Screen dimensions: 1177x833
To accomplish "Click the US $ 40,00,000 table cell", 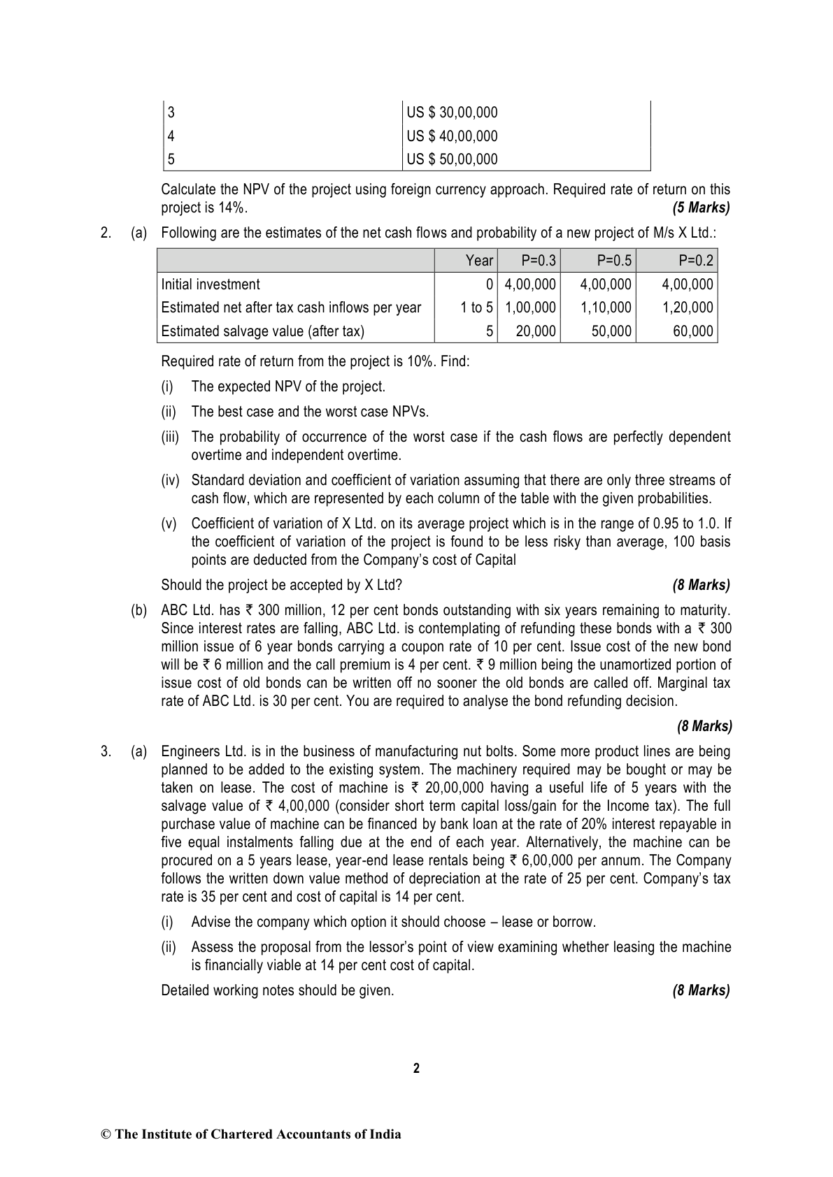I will coord(453,136).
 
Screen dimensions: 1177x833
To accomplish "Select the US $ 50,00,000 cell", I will coord(453,159).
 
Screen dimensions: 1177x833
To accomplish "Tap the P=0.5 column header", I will coord(614,261).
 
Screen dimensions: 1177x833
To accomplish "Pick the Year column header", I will coord(479,261).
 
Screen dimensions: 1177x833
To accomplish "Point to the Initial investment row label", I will coord(211,284).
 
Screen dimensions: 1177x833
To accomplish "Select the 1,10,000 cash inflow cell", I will coord(606,308).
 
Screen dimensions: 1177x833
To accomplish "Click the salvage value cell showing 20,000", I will coord(536,331).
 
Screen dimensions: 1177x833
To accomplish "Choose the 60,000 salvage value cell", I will coord(693,331).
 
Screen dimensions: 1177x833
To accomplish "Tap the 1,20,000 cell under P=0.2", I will coord(688,308).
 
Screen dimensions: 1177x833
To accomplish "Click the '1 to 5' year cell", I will coord(476,308).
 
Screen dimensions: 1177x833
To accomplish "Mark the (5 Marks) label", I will coord(701,208).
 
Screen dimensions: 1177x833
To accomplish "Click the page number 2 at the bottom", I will coord(417,1068).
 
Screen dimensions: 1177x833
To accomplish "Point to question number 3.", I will coord(106,752).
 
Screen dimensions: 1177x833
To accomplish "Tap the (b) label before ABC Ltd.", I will coord(138,611).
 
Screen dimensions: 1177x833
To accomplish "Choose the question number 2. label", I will coord(106,233).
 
